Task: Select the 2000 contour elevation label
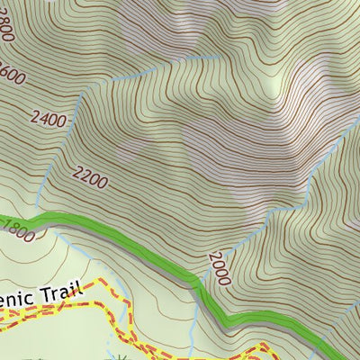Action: [219, 267]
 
